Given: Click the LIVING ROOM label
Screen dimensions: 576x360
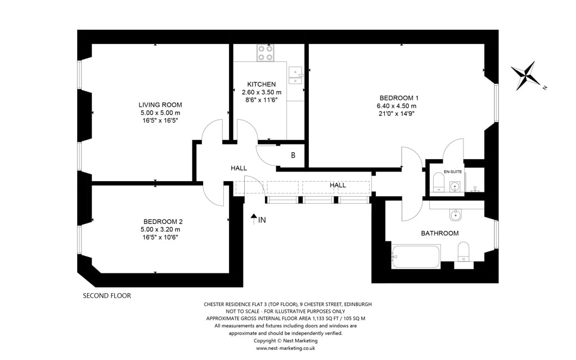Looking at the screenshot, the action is pyautogui.click(x=160, y=105).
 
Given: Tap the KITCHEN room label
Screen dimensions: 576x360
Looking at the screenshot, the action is pyautogui.click(x=261, y=84).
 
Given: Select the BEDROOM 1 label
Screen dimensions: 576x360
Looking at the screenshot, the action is pyautogui.click(x=399, y=98).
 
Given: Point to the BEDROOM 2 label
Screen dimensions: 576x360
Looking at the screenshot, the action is pyautogui.click(x=163, y=222).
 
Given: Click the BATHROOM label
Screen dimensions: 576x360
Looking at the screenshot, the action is pyautogui.click(x=440, y=233).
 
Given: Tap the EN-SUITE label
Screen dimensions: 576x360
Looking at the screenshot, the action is pyautogui.click(x=453, y=172).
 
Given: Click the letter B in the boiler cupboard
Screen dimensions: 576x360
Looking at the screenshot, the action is pyautogui.click(x=293, y=155).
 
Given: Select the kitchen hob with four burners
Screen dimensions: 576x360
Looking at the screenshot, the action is pyautogui.click(x=265, y=52).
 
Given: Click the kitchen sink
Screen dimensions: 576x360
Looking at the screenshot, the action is pyautogui.click(x=295, y=75).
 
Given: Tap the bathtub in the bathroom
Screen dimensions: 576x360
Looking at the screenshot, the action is pyautogui.click(x=416, y=256).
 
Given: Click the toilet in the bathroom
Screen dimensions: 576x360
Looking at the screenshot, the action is pyautogui.click(x=463, y=252).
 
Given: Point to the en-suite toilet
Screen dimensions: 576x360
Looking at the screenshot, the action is pyautogui.click(x=439, y=182).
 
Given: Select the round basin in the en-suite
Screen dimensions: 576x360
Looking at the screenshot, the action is pyautogui.click(x=454, y=186).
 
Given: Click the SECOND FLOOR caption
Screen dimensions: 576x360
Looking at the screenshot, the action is pyautogui.click(x=107, y=296).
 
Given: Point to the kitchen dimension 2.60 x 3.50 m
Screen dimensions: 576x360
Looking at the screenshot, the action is pyautogui.click(x=262, y=92).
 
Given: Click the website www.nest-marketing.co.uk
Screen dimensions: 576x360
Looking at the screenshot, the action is pyautogui.click(x=285, y=348).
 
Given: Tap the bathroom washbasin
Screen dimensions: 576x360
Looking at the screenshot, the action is pyautogui.click(x=456, y=215).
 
